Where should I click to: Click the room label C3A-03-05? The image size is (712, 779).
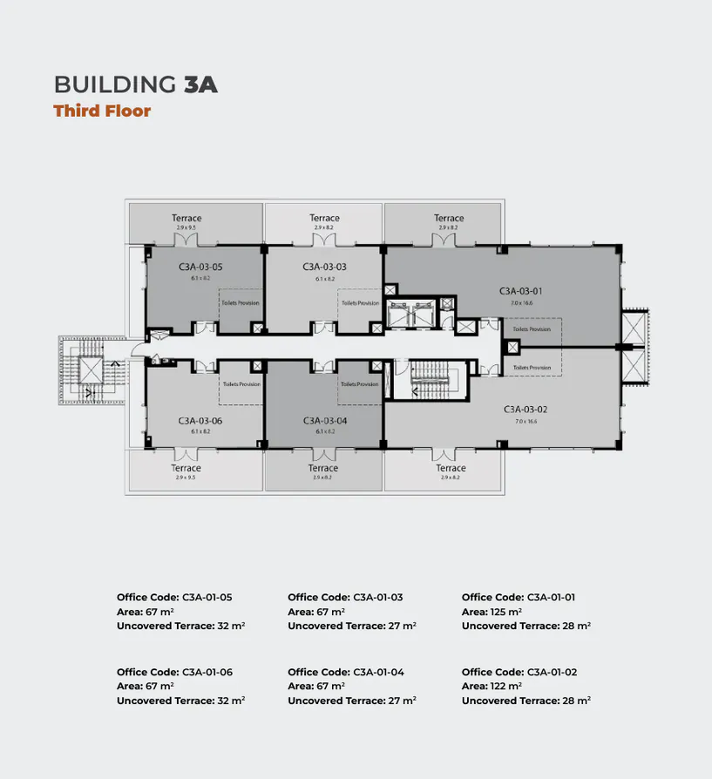tap(200, 267)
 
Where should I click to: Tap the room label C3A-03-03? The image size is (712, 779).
tap(325, 267)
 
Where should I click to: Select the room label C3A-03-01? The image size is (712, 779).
tap(521, 290)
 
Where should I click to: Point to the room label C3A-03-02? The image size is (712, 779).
tap(526, 409)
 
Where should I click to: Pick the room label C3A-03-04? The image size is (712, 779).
tap(325, 420)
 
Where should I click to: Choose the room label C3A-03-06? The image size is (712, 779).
tap(200, 420)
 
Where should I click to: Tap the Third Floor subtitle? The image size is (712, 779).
tap(102, 111)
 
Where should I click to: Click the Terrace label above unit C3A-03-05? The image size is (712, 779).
tap(186, 218)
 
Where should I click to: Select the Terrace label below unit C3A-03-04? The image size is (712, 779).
tap(322, 468)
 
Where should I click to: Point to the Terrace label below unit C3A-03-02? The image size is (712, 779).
tap(451, 468)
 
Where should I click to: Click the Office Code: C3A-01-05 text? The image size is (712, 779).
tap(174, 598)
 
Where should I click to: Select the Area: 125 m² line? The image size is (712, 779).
tap(492, 612)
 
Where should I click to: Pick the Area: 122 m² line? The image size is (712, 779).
tap(492, 687)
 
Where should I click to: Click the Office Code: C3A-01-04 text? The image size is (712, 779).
tap(345, 673)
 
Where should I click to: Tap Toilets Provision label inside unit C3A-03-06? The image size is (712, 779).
tap(241, 384)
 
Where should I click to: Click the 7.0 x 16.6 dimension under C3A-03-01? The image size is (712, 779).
tap(521, 302)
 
